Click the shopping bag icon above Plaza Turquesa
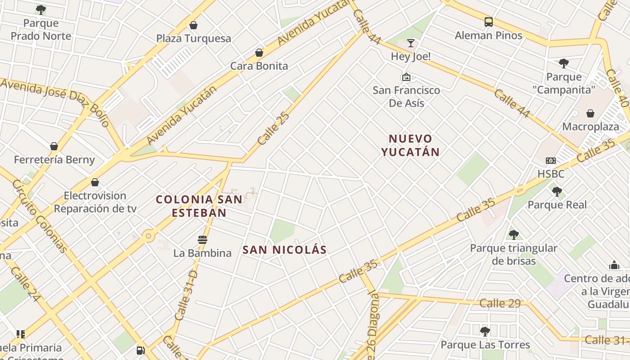[x=193, y=25]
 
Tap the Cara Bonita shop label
[x=259, y=66]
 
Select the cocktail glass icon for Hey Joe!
[x=410, y=43]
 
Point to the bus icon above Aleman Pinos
[x=488, y=22]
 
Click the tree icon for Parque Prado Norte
[x=41, y=9]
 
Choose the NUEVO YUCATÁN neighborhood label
[x=410, y=145]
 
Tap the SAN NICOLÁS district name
[x=284, y=250]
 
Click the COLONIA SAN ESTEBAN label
[x=199, y=206]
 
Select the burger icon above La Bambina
[x=202, y=240]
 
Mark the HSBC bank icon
[x=550, y=161]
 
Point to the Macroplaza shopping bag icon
[x=590, y=113]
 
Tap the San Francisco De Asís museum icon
[x=406, y=77]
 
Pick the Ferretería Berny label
[x=54, y=160]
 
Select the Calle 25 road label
[x=273, y=128]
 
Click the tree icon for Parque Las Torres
[x=485, y=332]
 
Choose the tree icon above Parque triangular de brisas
[x=513, y=234]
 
